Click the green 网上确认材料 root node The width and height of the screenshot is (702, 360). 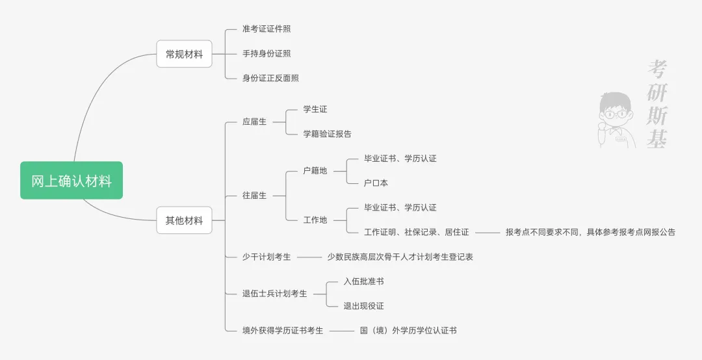[x=71, y=181]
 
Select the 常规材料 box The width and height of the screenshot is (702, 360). [x=184, y=54]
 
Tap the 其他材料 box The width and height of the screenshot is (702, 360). [x=184, y=220]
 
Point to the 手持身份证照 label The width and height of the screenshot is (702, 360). [x=266, y=53]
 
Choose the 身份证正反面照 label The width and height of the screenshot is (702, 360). [x=270, y=78]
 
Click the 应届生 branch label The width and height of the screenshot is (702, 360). [x=254, y=122]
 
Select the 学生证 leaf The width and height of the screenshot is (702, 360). [x=315, y=109]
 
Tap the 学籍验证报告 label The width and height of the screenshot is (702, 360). [x=327, y=134]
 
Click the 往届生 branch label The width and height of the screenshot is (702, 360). [x=254, y=196]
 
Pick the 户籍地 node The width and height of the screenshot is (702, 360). [x=315, y=171]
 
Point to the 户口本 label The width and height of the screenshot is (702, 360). [x=376, y=183]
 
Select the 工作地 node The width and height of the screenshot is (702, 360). [x=315, y=220]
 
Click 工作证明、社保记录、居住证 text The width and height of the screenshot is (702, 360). [x=416, y=232]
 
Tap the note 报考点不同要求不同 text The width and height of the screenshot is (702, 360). [x=590, y=232]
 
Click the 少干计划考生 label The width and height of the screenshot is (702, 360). [x=266, y=257]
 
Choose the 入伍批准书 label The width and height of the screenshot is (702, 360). [x=363, y=281]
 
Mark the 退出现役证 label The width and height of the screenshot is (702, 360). [x=363, y=306]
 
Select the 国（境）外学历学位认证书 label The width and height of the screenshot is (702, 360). [x=408, y=331]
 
